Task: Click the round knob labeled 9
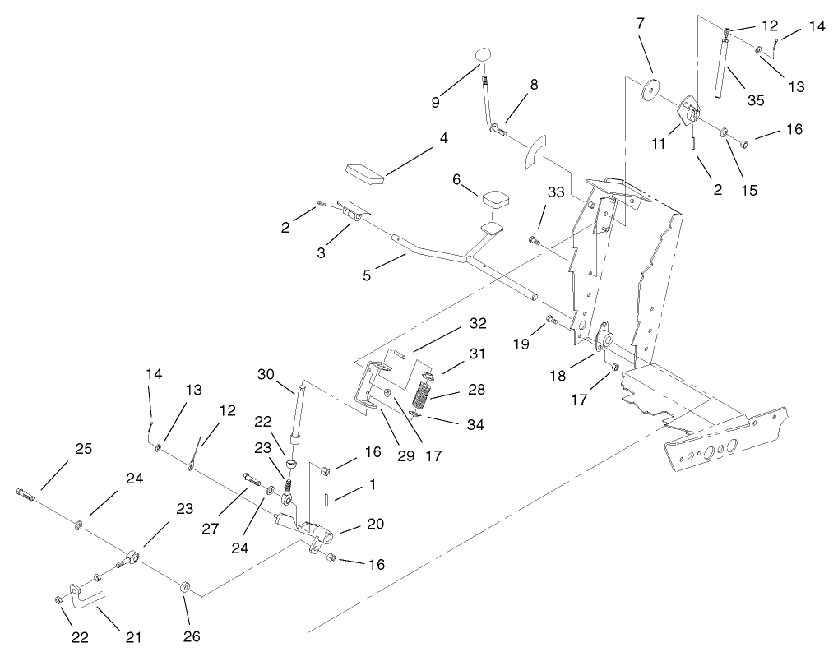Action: coord(483,56)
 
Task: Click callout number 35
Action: coord(755,100)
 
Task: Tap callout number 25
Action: coord(83,449)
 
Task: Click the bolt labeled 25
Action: coord(25,495)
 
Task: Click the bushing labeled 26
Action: coord(185,587)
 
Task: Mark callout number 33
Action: coord(557,192)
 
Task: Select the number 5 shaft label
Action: coord(367,275)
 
